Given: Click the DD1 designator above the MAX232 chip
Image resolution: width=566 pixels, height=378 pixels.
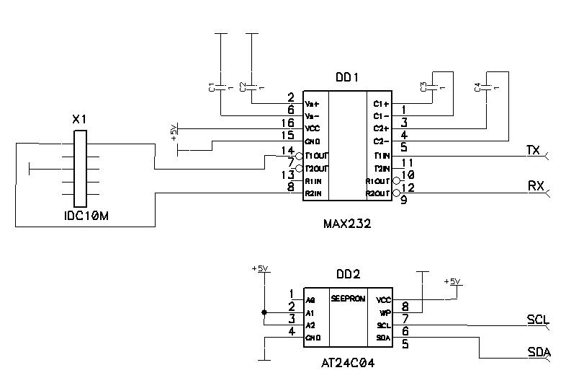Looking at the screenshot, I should (347, 78).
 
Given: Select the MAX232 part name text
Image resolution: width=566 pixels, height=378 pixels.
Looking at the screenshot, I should (347, 224).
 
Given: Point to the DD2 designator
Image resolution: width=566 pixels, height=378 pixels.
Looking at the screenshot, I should (349, 275).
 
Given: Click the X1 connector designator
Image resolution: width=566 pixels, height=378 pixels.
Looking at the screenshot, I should (80, 119).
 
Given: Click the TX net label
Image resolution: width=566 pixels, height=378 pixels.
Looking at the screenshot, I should (533, 150).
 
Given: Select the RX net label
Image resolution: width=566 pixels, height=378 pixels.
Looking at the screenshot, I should (536, 185).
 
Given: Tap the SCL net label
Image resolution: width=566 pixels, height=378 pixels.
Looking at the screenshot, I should (538, 320).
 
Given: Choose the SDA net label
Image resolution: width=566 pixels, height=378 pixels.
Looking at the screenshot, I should (539, 352).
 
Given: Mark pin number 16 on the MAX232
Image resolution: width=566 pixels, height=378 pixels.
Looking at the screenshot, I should (289, 124).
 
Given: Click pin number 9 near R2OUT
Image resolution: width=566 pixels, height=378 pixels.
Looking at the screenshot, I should (403, 201).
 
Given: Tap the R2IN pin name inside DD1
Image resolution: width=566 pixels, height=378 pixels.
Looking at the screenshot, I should (313, 194).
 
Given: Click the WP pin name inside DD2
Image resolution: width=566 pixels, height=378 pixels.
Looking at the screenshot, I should (383, 312).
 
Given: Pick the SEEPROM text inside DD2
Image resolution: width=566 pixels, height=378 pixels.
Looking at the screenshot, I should (349, 299).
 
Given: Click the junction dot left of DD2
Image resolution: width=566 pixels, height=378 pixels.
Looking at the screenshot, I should (264, 312).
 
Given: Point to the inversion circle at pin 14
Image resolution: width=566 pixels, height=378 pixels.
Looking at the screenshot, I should (299, 155).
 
